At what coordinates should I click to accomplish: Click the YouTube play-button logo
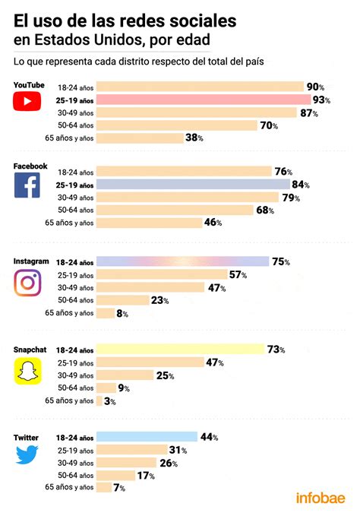[27, 100]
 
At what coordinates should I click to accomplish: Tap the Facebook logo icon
[27, 185]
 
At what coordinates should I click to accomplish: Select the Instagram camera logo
[27, 282]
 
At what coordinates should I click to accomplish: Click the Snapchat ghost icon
[27, 370]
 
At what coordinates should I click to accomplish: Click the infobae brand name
[321, 498]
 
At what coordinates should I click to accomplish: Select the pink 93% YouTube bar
[202, 100]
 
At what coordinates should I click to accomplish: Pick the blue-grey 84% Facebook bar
[192, 185]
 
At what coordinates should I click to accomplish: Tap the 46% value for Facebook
[213, 223]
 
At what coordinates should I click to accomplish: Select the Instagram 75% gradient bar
[182, 261]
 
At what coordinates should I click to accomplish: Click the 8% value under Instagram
[122, 313]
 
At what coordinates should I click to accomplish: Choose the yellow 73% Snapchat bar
[180, 350]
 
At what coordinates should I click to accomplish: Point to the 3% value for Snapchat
[110, 401]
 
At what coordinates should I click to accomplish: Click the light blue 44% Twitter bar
[146, 438]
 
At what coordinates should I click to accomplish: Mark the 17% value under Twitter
[147, 476]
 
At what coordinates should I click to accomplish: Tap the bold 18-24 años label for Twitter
[74, 438]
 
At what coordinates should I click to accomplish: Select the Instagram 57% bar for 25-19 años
[161, 274]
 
